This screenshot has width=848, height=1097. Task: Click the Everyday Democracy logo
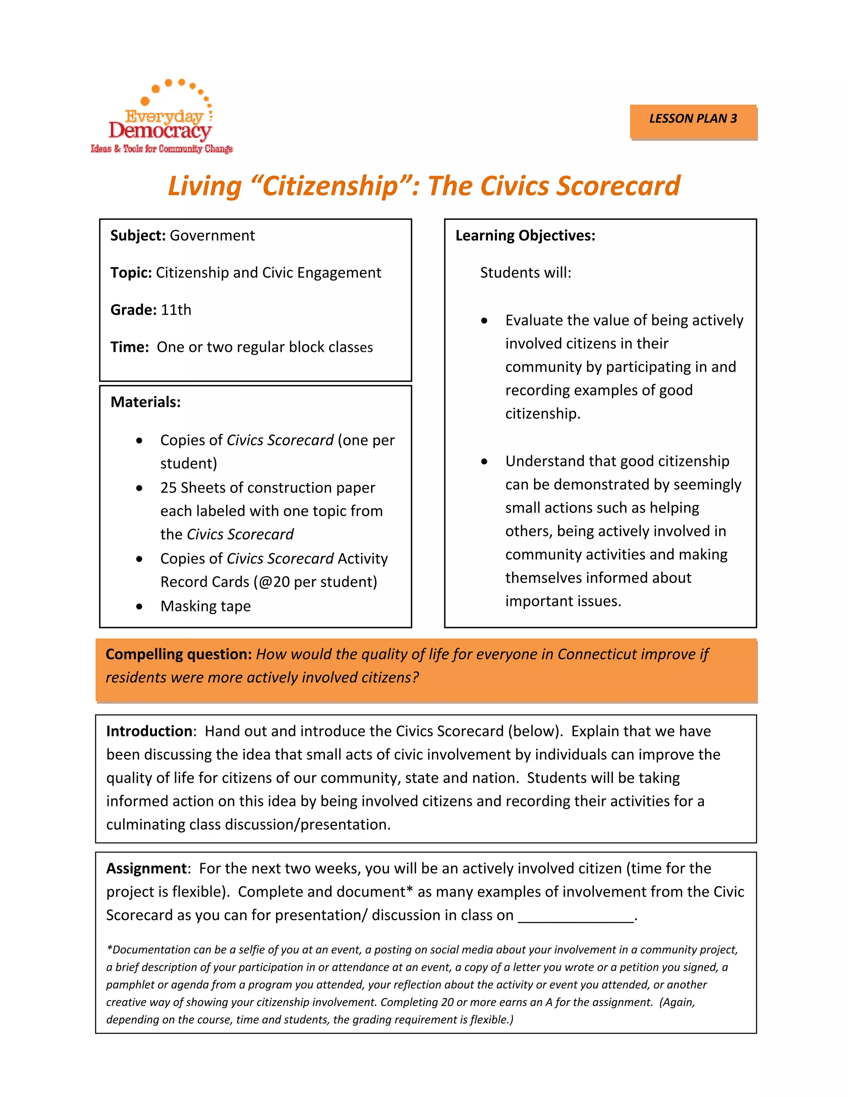click(x=161, y=118)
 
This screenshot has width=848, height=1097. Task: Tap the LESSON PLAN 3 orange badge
click(x=693, y=119)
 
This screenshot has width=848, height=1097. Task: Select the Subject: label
click(x=137, y=236)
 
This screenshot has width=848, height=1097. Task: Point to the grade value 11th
click(x=176, y=310)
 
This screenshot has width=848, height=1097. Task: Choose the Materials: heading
click(x=145, y=402)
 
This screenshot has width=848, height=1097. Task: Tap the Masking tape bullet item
click(x=205, y=606)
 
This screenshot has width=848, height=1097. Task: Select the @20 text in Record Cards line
click(x=274, y=582)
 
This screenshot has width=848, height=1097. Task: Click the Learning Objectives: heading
click(x=525, y=236)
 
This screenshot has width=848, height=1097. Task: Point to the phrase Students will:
click(x=525, y=273)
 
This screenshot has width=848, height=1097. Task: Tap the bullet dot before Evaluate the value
click(x=484, y=321)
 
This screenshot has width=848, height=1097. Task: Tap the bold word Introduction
click(x=149, y=731)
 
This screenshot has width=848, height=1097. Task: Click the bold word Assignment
click(x=146, y=868)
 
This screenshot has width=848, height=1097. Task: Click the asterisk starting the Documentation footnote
click(x=109, y=949)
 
